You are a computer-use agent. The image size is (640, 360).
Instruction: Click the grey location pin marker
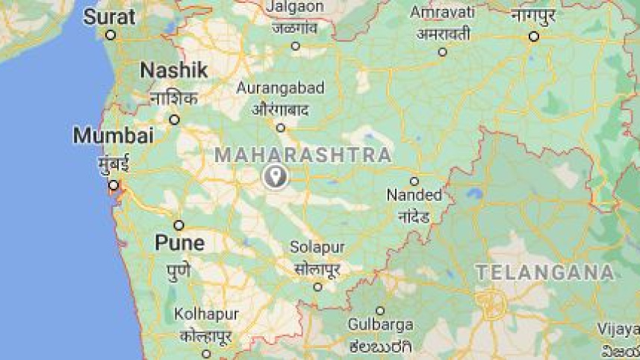pyautogui.click(x=276, y=176)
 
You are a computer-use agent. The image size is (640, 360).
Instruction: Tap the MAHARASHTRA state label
pyautogui.click(x=303, y=155)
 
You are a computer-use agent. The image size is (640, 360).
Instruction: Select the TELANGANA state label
pyautogui.click(x=545, y=273)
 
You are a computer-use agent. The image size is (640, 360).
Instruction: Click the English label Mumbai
pyautogui.click(x=114, y=136)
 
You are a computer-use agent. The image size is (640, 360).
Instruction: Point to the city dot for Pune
pyautogui.click(x=179, y=225)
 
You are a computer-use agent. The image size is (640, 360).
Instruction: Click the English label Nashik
pyautogui.click(x=174, y=70)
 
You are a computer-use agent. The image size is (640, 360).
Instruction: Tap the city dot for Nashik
pyautogui.click(x=174, y=120)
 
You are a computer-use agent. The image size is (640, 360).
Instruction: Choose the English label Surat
pyautogui.click(x=109, y=16)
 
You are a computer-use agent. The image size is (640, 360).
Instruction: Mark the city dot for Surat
pyautogui.click(x=111, y=35)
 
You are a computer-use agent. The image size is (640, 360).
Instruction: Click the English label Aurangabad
pyautogui.click(x=281, y=88)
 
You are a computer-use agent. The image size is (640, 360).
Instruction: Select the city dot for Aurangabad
pyautogui.click(x=281, y=128)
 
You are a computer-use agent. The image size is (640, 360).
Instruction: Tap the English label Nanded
pyautogui.click(x=414, y=196)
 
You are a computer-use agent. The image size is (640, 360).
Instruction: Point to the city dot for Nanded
pyautogui.click(x=414, y=181)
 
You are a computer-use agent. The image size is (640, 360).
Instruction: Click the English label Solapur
pyautogui.click(x=317, y=247)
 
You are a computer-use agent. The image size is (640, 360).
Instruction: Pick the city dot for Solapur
pyautogui.click(x=317, y=287)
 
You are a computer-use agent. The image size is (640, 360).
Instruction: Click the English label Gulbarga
pyautogui.click(x=381, y=325)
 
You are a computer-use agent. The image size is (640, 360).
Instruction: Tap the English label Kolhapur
pyautogui.click(x=205, y=314)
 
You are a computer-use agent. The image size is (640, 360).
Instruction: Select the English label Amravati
pyautogui.click(x=442, y=13)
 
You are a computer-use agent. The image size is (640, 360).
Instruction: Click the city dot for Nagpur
pyautogui.click(x=534, y=36)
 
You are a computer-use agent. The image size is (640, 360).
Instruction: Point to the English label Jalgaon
pyautogui.click(x=295, y=7)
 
